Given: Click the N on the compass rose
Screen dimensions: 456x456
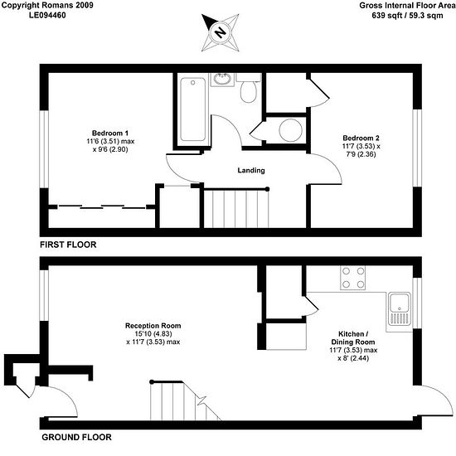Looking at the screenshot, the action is click(221, 32).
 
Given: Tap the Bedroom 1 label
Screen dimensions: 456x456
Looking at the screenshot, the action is click(110, 133).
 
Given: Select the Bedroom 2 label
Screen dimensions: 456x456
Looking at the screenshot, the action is click(361, 138).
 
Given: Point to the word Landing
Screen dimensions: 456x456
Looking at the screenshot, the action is click(251, 170).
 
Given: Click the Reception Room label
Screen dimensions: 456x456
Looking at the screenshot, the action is click(153, 326).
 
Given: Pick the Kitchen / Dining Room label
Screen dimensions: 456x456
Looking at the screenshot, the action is click(353, 338).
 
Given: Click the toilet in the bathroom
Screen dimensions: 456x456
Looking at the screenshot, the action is click(248, 88).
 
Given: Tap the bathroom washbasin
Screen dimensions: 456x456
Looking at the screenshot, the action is click(222, 79).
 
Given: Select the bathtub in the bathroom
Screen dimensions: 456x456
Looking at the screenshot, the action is click(192, 109).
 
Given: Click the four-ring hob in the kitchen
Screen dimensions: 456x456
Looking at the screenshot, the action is click(352, 278).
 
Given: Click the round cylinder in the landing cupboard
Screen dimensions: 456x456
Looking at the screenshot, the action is click(290, 130).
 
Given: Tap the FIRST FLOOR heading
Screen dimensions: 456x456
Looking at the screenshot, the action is click(68, 245).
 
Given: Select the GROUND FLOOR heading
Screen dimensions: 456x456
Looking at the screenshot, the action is click(76, 437).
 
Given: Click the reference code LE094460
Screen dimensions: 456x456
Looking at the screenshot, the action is click(47, 15).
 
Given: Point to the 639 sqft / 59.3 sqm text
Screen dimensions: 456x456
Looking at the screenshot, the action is click(407, 16).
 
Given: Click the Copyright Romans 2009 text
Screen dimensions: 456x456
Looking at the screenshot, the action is click(47, 5).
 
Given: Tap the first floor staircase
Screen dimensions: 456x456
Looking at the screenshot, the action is click(236, 208).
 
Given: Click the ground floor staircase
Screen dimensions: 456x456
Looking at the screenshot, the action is click(184, 400).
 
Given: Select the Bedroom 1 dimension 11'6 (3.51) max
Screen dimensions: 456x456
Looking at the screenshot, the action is click(110, 142).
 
